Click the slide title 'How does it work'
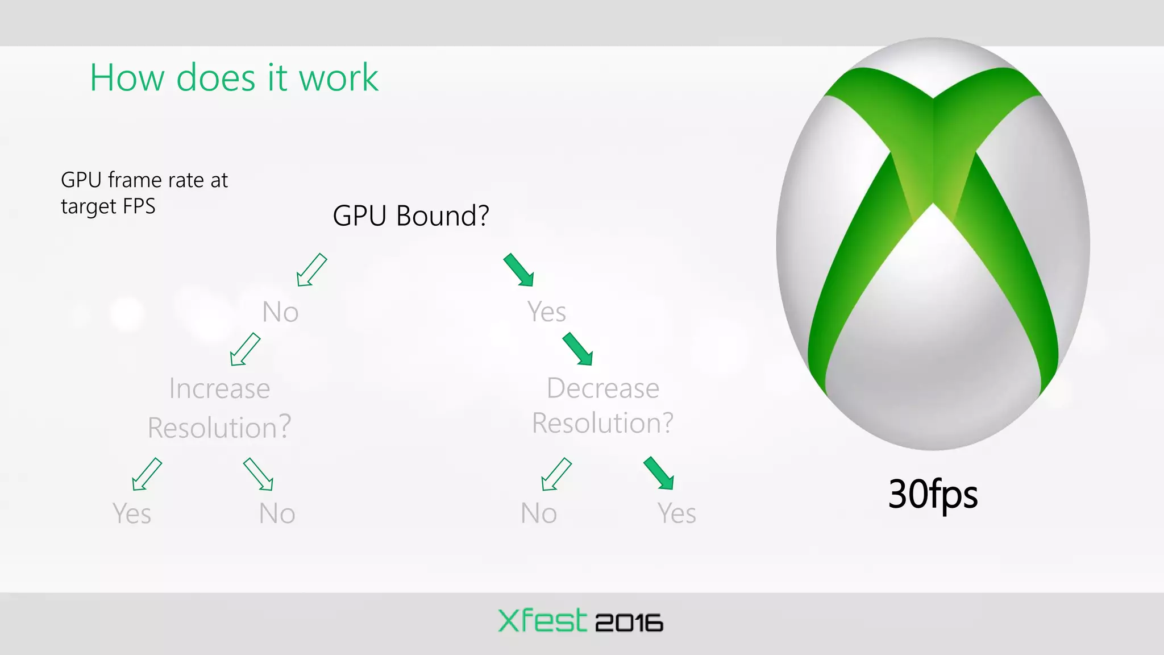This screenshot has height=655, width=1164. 234,77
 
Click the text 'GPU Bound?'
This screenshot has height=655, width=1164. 410,216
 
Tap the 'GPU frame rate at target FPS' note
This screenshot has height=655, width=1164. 144,193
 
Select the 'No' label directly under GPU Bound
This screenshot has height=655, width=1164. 280,312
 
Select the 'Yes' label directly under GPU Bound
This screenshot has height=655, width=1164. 546,312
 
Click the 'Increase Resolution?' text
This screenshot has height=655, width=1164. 219,408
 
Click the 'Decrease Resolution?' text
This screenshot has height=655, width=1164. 602,405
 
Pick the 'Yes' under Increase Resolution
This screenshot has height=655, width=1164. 132,513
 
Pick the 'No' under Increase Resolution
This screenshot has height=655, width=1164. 277,513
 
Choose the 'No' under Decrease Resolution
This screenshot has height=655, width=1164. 538,513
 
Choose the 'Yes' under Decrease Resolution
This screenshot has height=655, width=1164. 676,513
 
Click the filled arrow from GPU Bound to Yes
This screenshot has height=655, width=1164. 518,270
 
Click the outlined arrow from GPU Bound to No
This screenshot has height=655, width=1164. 311,270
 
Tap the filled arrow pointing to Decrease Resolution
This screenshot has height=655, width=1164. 577,349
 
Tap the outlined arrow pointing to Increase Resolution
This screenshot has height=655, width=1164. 245,349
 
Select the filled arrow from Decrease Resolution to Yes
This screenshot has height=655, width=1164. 659,473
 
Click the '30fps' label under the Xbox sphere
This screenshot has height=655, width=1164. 933,494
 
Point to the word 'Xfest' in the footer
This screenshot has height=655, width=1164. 542,620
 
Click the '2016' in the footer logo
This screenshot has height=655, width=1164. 629,623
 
